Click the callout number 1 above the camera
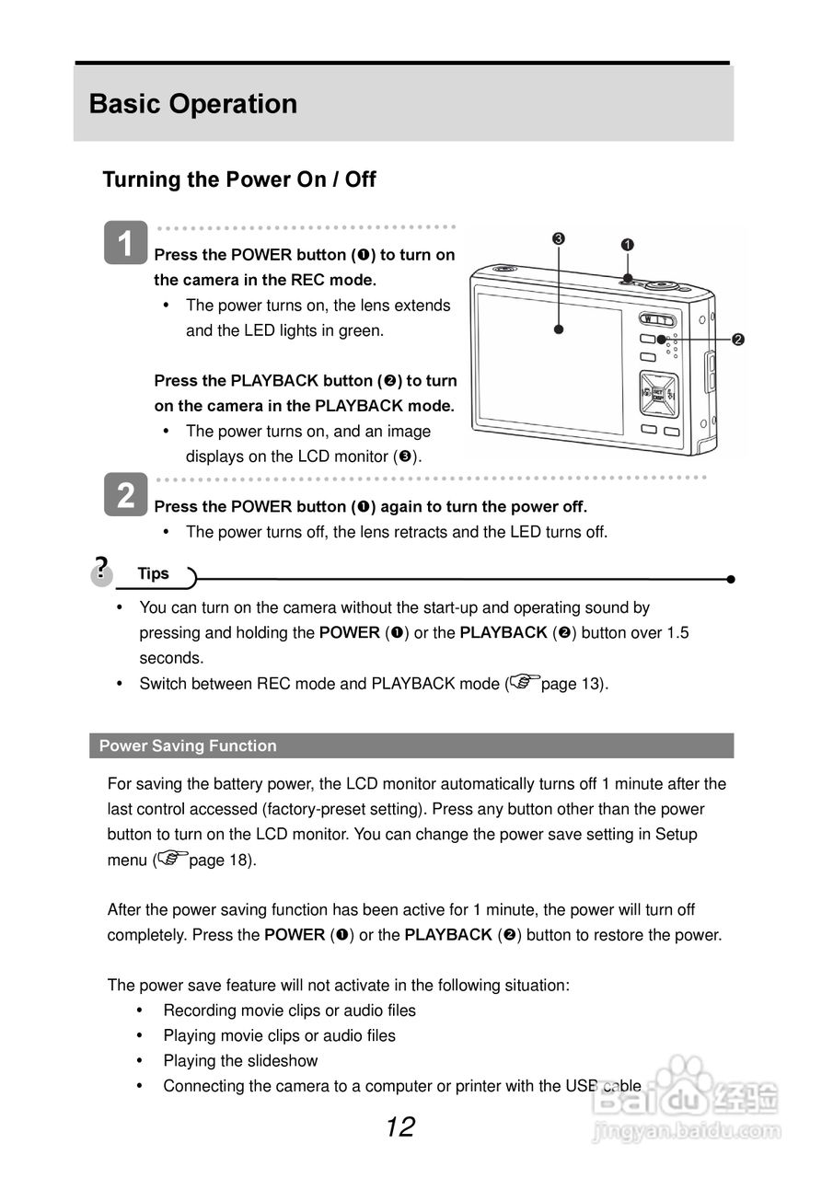[x=627, y=245]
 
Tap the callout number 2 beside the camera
[x=737, y=340]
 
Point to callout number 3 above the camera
[x=559, y=239]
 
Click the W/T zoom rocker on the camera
[x=659, y=319]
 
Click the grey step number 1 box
[x=126, y=243]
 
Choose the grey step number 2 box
[x=126, y=495]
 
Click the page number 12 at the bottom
[x=400, y=1126]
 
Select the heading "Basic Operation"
[x=193, y=104]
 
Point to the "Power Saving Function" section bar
[x=411, y=745]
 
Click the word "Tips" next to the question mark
[x=154, y=573]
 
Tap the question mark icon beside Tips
[x=101, y=568]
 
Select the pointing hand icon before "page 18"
[x=172, y=859]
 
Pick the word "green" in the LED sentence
[x=362, y=330]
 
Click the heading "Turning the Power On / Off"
[x=239, y=179]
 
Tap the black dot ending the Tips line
[x=730, y=579]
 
